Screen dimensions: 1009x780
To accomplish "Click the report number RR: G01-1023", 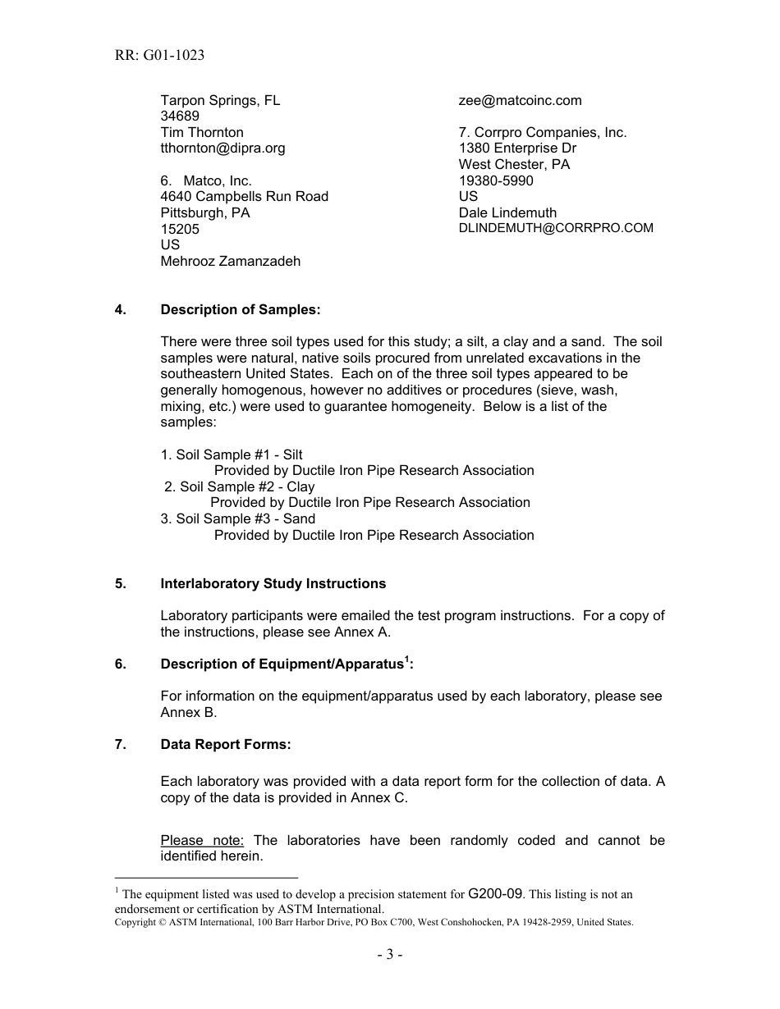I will tap(160, 56).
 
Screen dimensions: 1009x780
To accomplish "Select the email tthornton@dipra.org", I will tap(223, 148).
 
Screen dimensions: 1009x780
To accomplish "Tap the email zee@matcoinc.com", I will tap(520, 100).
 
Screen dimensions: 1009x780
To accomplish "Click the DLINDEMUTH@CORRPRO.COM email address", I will tap(556, 228).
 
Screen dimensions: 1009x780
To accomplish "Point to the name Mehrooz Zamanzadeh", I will tap(230, 261).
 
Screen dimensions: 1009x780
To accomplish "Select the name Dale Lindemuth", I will tap(507, 212).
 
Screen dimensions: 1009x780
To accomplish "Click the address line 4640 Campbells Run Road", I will tap(244, 196).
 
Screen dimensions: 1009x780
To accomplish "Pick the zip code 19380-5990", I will tap(496, 180).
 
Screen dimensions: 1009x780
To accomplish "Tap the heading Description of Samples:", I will tap(240, 309).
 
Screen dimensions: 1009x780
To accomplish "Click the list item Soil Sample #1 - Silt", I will tap(232, 454).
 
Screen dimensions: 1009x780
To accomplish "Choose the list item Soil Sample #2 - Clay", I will tap(239, 486).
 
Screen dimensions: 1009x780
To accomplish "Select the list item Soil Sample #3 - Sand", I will tap(237, 518).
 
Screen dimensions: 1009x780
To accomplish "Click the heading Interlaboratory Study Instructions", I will tap(273, 583).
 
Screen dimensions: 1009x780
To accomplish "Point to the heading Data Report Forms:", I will tap(226, 744).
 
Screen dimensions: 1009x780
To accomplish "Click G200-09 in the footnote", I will tap(495, 893).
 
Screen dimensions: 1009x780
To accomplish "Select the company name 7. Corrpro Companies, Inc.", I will tap(542, 132).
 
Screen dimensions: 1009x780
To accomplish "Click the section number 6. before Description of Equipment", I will tap(121, 664).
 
